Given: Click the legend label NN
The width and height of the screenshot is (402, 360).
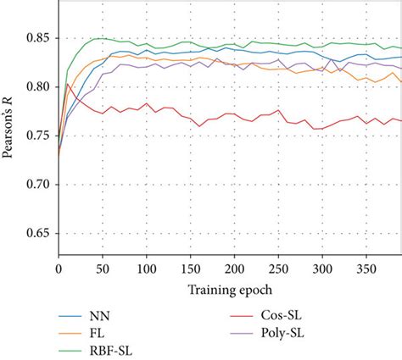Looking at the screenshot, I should (x=101, y=313).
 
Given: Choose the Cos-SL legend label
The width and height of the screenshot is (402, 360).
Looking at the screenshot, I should (x=276, y=313).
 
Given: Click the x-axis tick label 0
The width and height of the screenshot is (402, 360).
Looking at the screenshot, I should (x=58, y=269).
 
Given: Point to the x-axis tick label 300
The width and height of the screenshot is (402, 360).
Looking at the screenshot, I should (x=322, y=269).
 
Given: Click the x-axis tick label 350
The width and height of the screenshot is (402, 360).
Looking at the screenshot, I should (x=366, y=269).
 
